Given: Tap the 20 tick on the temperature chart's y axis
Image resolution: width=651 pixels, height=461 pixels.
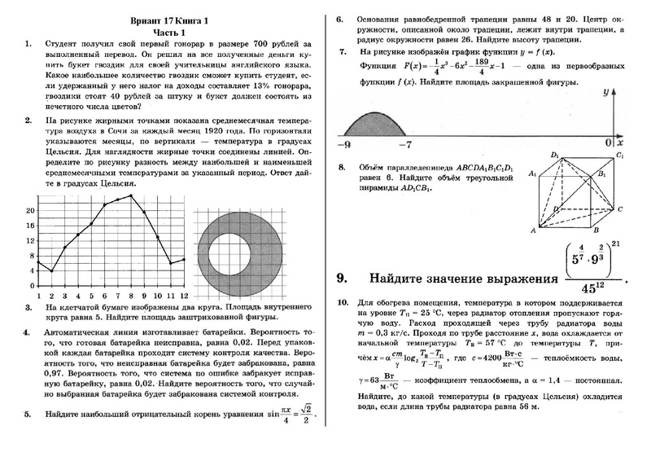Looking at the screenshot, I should pos(30,211).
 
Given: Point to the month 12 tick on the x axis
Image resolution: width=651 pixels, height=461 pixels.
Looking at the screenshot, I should pos(185,295).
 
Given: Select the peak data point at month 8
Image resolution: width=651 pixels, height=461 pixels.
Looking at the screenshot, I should pos(131,196).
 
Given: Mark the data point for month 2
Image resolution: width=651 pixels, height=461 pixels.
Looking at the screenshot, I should pos(51,271).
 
